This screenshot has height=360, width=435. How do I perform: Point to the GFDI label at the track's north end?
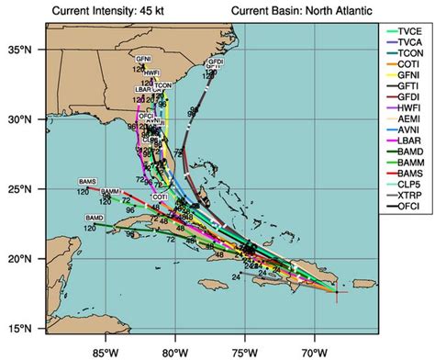[215, 62]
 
